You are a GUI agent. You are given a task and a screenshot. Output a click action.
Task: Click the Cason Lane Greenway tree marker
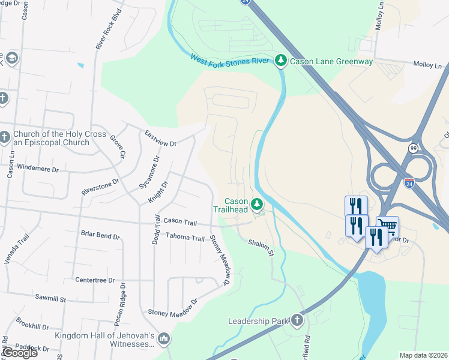click(280, 60)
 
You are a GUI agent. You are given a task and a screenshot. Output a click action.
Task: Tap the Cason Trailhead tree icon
click(258, 205)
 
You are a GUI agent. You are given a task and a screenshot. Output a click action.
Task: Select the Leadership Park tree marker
click(297, 320)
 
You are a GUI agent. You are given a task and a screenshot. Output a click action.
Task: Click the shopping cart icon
click(387, 227)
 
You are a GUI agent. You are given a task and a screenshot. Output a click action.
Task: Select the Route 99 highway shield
click(413, 148)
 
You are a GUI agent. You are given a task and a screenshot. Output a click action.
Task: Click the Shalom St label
click(261, 247)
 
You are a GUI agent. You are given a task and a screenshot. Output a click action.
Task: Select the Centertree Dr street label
click(95, 280)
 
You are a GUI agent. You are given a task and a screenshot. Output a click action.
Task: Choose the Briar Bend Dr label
click(100, 235)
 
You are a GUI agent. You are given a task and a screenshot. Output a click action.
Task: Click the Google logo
click(19, 353)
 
